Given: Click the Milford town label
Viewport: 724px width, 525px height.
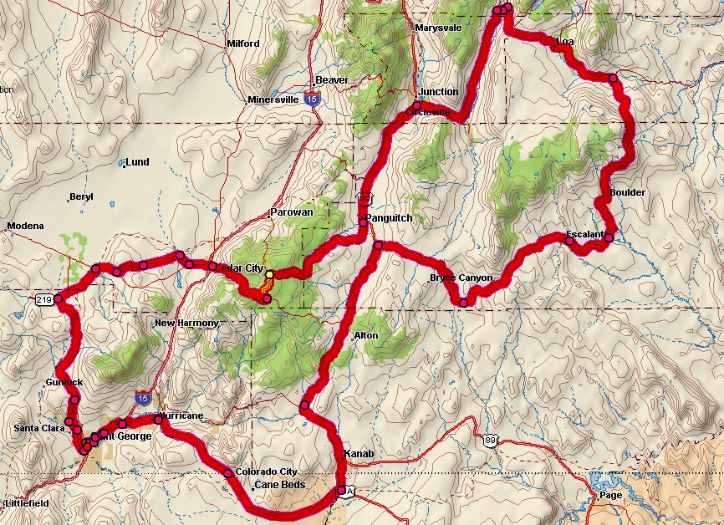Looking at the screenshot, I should (x=243, y=43).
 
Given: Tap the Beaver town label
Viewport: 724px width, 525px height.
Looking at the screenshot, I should (x=331, y=80).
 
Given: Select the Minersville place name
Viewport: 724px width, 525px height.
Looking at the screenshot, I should (x=273, y=100).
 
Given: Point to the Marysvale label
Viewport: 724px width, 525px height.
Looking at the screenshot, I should (x=438, y=28).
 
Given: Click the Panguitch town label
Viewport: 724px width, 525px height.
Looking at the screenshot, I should (x=389, y=218).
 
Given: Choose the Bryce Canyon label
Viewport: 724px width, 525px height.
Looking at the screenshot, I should (x=461, y=278).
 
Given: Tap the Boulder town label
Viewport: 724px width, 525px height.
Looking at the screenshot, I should (x=627, y=192).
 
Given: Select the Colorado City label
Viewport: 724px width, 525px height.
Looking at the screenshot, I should (x=266, y=471).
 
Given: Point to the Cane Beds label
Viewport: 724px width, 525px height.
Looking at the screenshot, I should (x=281, y=485).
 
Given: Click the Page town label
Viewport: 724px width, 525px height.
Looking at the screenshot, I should (x=610, y=495).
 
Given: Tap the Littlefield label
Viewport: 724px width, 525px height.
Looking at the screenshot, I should (x=27, y=503).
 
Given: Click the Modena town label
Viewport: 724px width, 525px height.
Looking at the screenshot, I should (x=24, y=227).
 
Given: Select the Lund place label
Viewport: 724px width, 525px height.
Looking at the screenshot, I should (x=137, y=162).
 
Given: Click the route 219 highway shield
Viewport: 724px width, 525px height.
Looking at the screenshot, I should (x=45, y=299).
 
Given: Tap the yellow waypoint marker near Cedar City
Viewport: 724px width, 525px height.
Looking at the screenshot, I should (x=269, y=274).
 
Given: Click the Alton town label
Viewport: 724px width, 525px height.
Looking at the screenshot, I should (x=365, y=335).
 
